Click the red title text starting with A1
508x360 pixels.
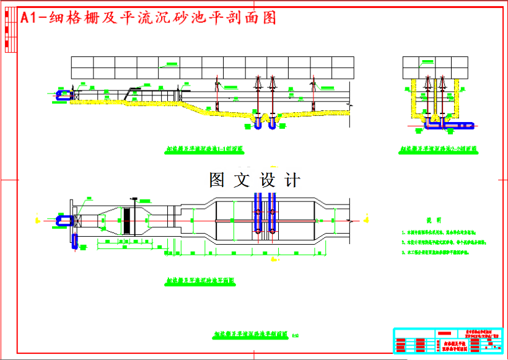pos(149,18)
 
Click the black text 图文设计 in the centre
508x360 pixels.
pos(255,180)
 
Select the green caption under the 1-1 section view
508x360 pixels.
pos(205,149)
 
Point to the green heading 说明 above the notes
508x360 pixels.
pos(434,221)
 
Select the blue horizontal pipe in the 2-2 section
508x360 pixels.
pos(450,125)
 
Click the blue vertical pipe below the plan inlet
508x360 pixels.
pos(75,241)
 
